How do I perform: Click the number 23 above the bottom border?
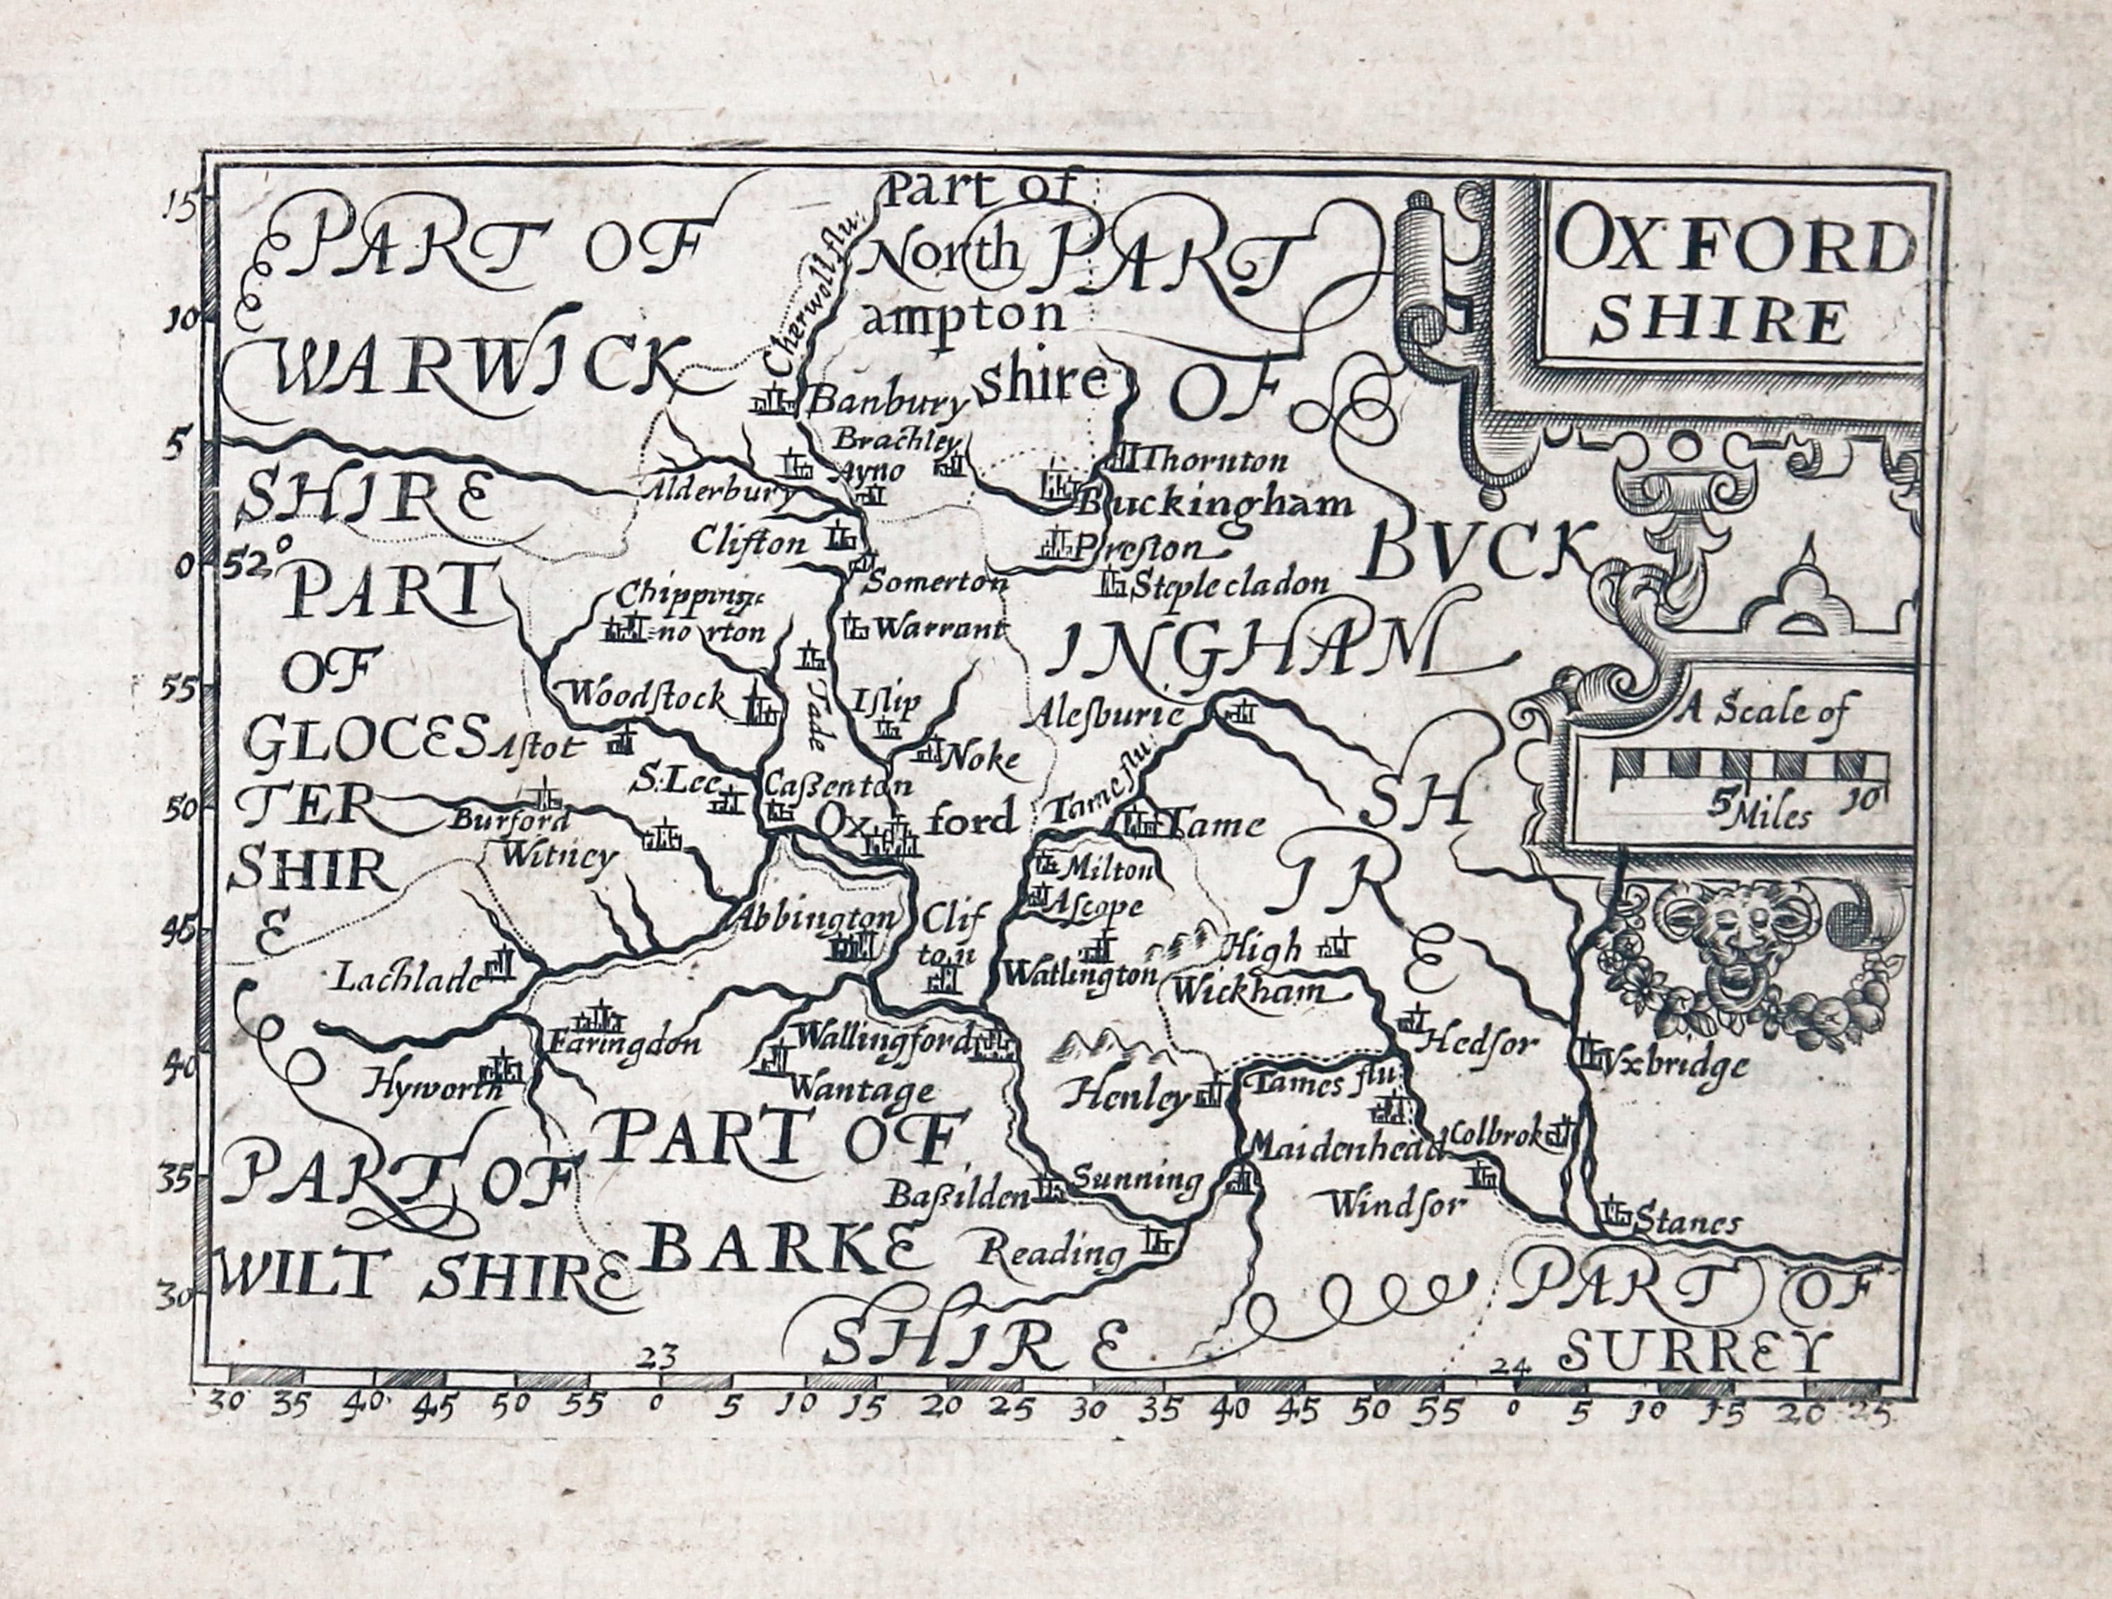coord(660,1352)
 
